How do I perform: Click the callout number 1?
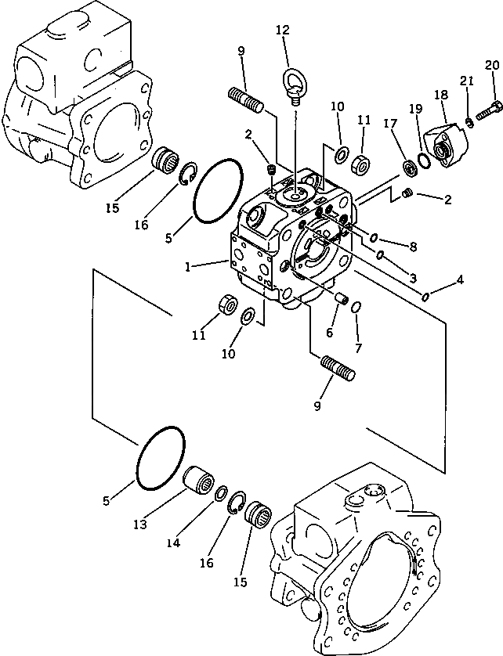coord(189,266)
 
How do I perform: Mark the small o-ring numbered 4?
coord(425,295)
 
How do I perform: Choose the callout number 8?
coord(413,247)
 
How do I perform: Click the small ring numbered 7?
coord(356,306)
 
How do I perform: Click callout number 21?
coord(467,81)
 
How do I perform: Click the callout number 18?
coord(440,95)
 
